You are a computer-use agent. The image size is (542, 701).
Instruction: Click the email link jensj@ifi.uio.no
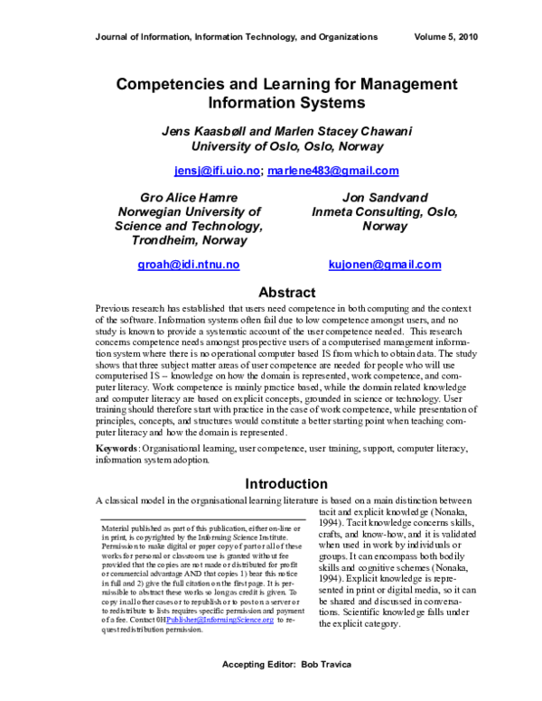[x=217, y=171]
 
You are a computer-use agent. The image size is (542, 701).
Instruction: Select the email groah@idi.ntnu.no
[x=188, y=265]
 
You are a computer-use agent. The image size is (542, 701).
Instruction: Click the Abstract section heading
[x=286, y=293]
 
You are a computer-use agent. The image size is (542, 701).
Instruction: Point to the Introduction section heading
[x=286, y=483]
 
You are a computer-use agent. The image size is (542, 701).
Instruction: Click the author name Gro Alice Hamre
[x=188, y=197]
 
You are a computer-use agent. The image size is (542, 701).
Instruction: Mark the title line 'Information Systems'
[x=286, y=103]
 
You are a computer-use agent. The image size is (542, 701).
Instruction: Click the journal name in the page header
[x=236, y=37]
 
